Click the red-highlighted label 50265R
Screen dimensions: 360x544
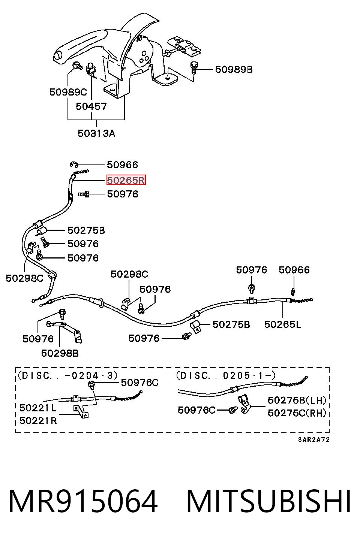point(126,180)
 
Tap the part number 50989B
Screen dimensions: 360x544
point(234,69)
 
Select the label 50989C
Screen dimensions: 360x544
point(68,92)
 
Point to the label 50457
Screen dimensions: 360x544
point(91,106)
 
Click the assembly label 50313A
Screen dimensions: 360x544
point(96,133)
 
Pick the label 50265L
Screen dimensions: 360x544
point(283,324)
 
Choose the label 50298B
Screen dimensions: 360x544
point(60,353)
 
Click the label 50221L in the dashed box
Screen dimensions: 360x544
point(38,408)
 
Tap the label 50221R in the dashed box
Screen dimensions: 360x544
point(38,421)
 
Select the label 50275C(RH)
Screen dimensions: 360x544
point(297,413)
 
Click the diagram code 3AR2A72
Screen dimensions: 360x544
point(314,439)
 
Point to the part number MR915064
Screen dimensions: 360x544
point(83,502)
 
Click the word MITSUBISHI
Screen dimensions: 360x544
point(268,502)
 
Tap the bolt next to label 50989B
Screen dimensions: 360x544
point(194,67)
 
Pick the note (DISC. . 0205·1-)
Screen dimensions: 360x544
point(226,376)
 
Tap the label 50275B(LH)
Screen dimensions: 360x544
point(297,400)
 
